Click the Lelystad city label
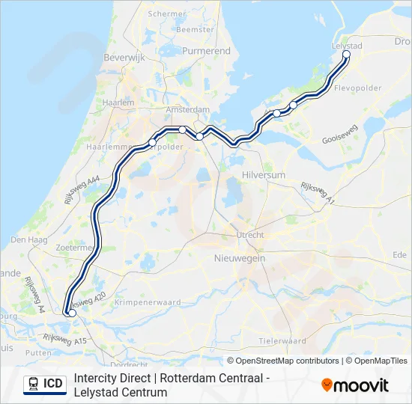(346, 46)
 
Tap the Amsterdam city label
(187, 109)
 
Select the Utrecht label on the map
(250, 235)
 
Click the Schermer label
(167, 14)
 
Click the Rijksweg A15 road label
(66, 341)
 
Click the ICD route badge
(44, 384)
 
